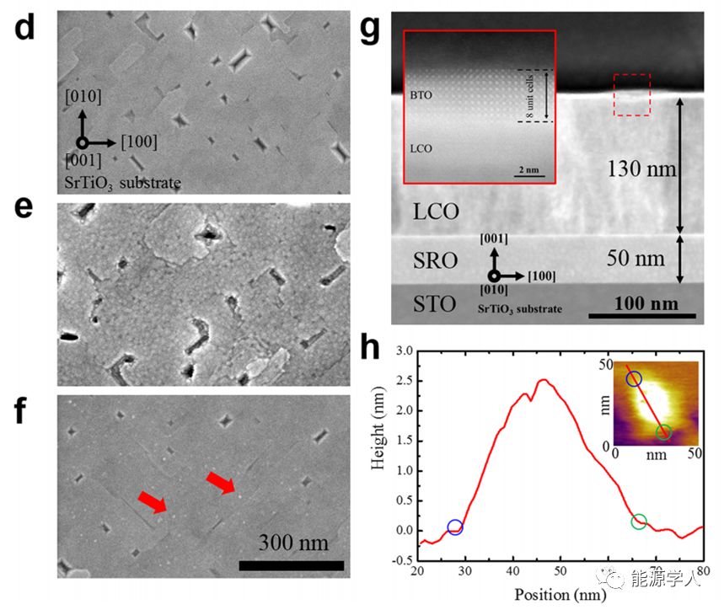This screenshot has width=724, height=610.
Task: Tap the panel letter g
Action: pyautogui.click(x=372, y=29)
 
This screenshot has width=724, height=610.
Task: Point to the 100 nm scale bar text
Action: pyautogui.click(x=644, y=302)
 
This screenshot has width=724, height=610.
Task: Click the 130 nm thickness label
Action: pyautogui.click(x=642, y=169)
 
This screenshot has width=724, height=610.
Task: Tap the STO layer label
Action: pyautogui.click(x=436, y=303)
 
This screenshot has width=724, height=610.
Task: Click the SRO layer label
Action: pyautogui.click(x=437, y=260)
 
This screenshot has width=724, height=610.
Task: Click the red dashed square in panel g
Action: pyautogui.click(x=631, y=94)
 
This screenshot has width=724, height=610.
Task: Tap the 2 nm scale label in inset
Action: pyautogui.click(x=528, y=169)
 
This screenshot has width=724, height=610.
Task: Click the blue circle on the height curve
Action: pyautogui.click(x=455, y=527)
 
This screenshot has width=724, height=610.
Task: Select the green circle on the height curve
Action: pyautogui.click(x=638, y=522)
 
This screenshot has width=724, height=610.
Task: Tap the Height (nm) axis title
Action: pyautogui.click(x=381, y=455)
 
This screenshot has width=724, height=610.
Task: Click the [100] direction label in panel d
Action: pyautogui.click(x=139, y=141)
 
